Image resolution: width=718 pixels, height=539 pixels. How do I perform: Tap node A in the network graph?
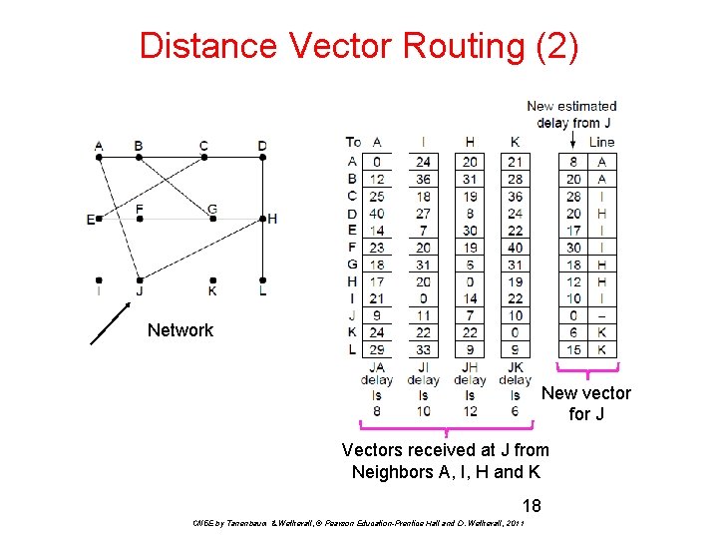99,157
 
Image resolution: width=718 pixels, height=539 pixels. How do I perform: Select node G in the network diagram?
212,218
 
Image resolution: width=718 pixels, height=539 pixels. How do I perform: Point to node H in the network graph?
261,218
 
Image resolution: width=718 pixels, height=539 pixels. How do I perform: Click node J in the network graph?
140,280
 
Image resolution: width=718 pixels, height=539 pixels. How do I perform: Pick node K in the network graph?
212,280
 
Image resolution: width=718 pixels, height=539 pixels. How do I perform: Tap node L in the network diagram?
261,280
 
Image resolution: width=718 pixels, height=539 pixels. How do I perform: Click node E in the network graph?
99,219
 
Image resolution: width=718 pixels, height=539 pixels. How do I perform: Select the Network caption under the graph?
179,330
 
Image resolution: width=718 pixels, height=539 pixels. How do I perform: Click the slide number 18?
531,506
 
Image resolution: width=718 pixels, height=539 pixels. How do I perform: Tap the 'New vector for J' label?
586,402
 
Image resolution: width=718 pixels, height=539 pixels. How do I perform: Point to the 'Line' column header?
601,142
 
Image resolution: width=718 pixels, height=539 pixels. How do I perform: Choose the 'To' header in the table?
353,142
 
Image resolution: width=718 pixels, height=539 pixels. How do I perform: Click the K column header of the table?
515,142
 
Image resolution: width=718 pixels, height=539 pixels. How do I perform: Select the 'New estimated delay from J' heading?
571,114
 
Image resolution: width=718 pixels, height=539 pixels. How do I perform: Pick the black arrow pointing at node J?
110,323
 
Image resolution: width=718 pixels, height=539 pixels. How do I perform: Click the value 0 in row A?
376,161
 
